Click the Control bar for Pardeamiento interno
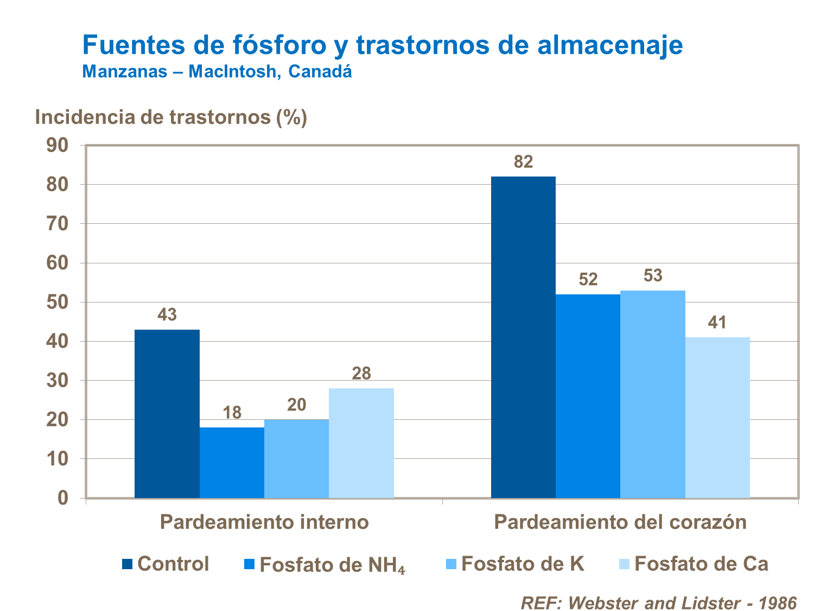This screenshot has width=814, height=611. [x=167, y=413]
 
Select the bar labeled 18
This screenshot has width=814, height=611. [x=232, y=462]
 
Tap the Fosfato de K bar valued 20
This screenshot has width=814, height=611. [x=296, y=458]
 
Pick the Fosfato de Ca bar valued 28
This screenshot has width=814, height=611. [x=361, y=443]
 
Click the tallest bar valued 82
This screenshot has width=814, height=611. [x=523, y=337]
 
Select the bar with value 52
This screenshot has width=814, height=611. [x=588, y=396]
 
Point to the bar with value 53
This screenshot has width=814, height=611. [x=653, y=394]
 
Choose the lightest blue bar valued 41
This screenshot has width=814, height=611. [x=717, y=417]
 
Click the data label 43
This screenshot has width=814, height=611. [x=167, y=314]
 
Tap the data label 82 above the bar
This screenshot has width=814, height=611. [x=523, y=162]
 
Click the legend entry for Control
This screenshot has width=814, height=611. [x=166, y=564]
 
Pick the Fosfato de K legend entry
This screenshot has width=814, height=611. [x=514, y=564]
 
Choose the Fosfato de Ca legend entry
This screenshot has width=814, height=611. [x=694, y=564]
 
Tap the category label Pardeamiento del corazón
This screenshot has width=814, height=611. [x=620, y=522]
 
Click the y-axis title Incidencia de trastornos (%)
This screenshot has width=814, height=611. [x=171, y=117]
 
